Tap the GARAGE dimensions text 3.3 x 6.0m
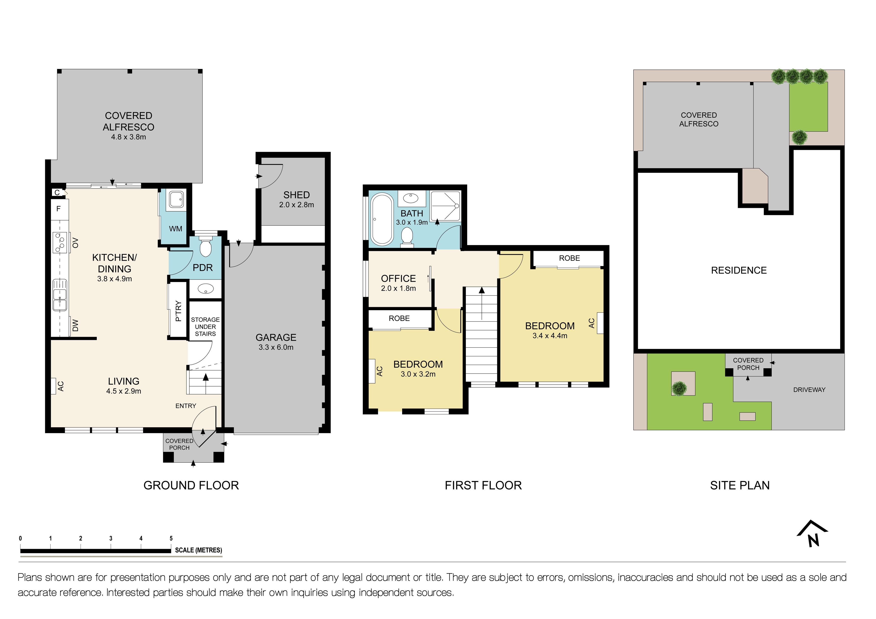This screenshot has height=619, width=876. click(x=276, y=347)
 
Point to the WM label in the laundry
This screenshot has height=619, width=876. click(x=175, y=229)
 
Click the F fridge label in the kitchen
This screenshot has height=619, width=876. click(x=58, y=209)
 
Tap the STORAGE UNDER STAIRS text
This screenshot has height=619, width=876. click(x=205, y=326)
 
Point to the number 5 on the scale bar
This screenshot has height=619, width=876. click(x=171, y=538)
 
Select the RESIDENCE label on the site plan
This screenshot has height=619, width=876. click(x=739, y=270)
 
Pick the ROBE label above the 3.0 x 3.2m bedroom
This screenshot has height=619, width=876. click(x=399, y=318)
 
